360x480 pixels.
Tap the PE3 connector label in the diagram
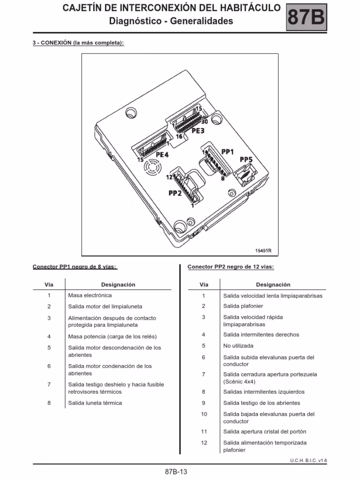pyautogui.click(x=198, y=131)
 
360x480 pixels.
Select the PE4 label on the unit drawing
pyautogui.click(x=162, y=154)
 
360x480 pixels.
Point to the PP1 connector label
pyautogui.click(x=228, y=151)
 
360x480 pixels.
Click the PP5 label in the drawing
pyautogui.click(x=246, y=160)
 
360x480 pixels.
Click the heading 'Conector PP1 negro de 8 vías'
pyautogui.click(x=75, y=267)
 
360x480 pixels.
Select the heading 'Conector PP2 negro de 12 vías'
pyautogui.click(x=231, y=267)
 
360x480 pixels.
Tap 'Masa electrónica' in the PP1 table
pyautogui.click(x=90, y=295)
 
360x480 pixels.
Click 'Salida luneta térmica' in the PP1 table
pyautogui.click(x=95, y=403)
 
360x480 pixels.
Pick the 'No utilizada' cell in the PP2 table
pyautogui.click(x=238, y=346)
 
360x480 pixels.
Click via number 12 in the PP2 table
pyautogui.click(x=203, y=442)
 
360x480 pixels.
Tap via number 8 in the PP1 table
pyautogui.click(x=49, y=403)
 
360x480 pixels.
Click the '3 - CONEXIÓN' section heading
pyautogui.click(x=52, y=43)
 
